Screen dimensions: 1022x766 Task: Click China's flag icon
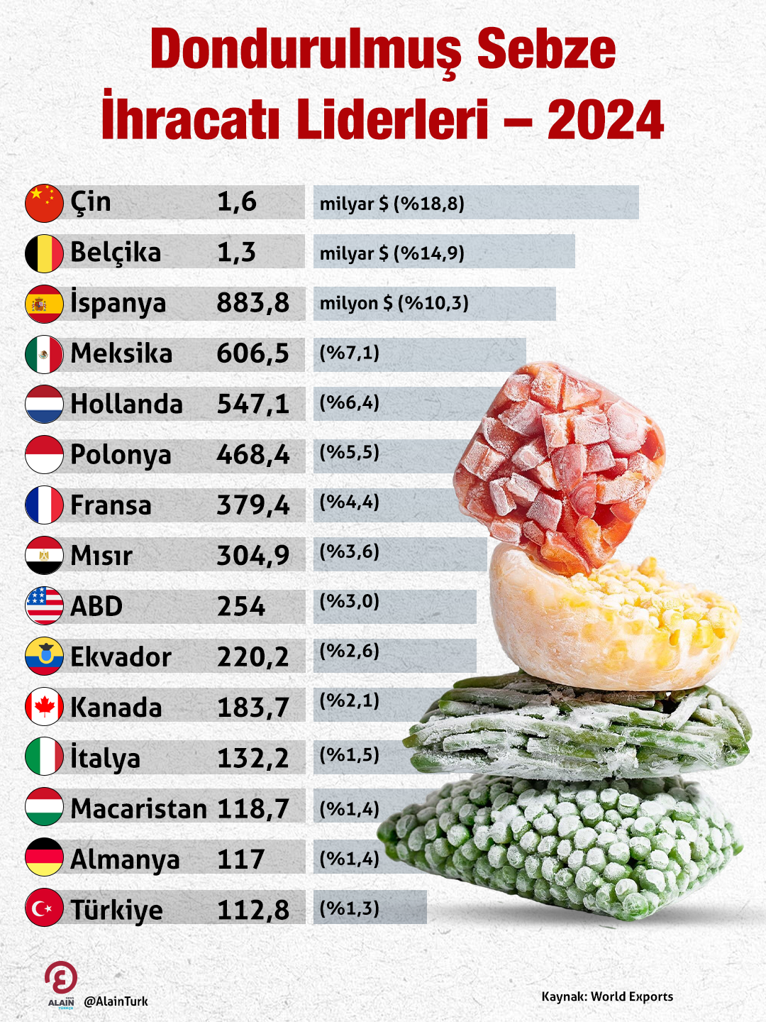click(44, 203)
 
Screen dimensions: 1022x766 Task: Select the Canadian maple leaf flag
click(44, 707)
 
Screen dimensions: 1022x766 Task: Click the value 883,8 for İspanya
click(253, 303)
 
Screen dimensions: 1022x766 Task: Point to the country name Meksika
click(121, 353)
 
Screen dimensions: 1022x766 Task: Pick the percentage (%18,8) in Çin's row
click(429, 204)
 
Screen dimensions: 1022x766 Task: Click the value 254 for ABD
click(241, 607)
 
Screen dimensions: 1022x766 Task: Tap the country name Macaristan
click(139, 808)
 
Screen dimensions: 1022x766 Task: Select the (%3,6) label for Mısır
click(350, 552)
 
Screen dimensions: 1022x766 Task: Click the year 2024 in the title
click(605, 120)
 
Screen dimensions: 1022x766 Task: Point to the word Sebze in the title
click(546, 50)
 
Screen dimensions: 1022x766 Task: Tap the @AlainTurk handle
click(116, 1001)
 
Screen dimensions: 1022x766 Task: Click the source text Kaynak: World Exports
click(607, 996)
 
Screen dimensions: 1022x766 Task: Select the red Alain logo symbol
click(61, 978)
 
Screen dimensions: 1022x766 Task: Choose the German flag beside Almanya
click(44, 857)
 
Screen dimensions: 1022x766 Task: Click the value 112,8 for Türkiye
click(253, 910)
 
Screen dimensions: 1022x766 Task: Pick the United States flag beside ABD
click(44, 605)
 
